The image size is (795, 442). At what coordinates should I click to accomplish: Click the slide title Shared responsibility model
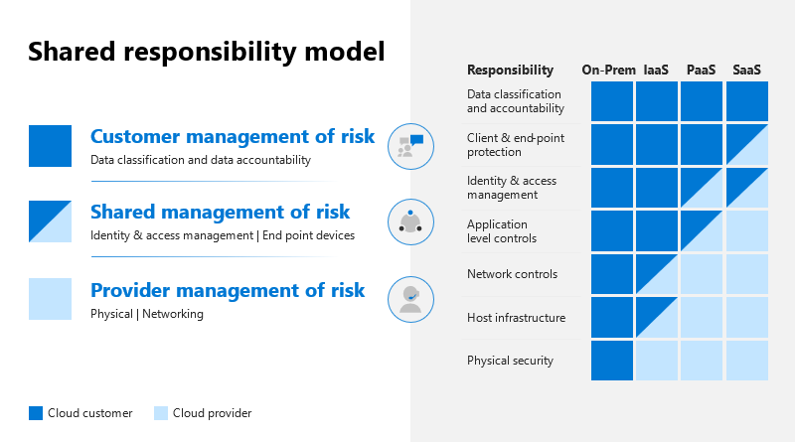pyautogui.click(x=207, y=53)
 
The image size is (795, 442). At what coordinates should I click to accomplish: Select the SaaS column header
pyautogui.click(x=746, y=70)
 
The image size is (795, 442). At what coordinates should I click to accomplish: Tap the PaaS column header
pyautogui.click(x=702, y=70)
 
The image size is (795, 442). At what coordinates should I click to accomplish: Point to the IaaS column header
pyautogui.click(x=656, y=70)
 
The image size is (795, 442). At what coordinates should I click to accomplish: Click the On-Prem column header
pyautogui.click(x=608, y=70)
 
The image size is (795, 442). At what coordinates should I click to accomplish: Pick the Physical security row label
pyautogui.click(x=510, y=361)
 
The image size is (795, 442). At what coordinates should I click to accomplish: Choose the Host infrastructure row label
pyautogui.click(x=516, y=318)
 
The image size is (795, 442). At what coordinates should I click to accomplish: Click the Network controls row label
pyautogui.click(x=512, y=274)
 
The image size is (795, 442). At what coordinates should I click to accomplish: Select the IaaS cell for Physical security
pyautogui.click(x=657, y=361)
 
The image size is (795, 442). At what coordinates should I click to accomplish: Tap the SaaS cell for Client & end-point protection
pyautogui.click(x=747, y=144)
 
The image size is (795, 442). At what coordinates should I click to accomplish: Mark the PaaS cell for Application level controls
pyautogui.click(x=702, y=231)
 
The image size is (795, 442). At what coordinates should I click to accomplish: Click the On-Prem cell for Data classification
pyautogui.click(x=612, y=101)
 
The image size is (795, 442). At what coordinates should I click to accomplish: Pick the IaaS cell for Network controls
pyautogui.click(x=657, y=274)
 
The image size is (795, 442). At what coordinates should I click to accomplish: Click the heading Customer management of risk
pyautogui.click(x=233, y=136)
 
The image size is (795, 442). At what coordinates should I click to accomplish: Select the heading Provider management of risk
pyautogui.click(x=228, y=290)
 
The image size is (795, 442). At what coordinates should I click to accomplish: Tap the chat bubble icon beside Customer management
pyautogui.click(x=410, y=146)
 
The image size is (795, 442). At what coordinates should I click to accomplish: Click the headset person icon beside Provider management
pyautogui.click(x=410, y=300)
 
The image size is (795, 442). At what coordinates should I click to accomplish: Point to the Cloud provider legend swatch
pyautogui.click(x=161, y=413)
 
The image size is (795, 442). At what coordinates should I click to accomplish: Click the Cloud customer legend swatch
pyautogui.click(x=36, y=413)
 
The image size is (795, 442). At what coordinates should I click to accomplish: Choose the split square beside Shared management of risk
pyautogui.click(x=50, y=221)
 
